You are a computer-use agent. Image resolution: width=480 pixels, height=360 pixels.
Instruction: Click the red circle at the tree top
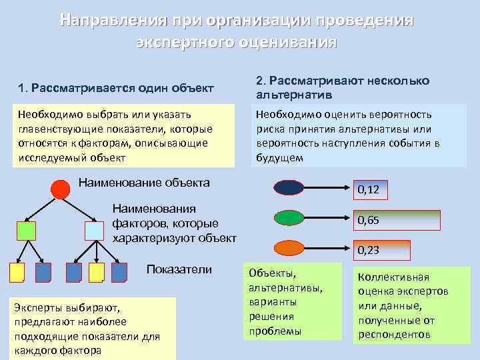61,189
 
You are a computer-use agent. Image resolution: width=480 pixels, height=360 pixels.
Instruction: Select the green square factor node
26,231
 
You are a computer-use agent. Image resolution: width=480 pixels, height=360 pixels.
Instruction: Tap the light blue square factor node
95,230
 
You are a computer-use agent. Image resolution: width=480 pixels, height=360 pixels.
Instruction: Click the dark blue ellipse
289,187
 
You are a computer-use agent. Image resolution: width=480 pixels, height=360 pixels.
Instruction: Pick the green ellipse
289,218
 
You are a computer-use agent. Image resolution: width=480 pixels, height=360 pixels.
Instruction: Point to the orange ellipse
289,248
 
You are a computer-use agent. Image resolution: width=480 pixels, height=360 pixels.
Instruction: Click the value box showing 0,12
369,190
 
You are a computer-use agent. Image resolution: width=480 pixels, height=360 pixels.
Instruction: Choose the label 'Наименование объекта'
144,182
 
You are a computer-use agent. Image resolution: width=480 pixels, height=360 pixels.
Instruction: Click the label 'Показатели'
179,269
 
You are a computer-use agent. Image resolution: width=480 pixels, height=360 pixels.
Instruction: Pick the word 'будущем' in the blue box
279,158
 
